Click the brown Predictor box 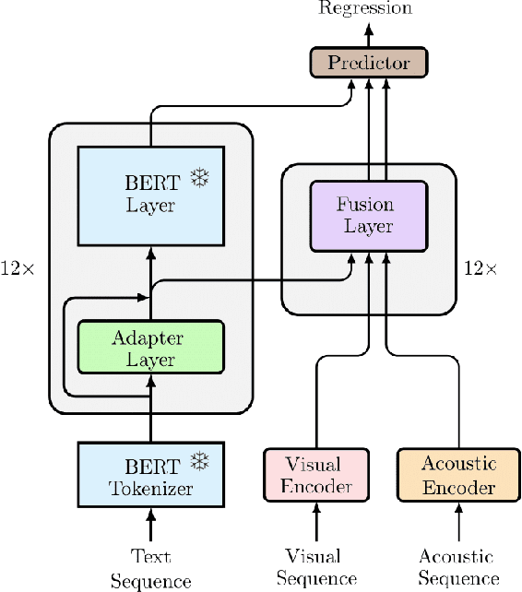[369, 63]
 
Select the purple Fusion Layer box [369, 215]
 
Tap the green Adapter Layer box [150, 348]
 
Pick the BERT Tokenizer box [150, 474]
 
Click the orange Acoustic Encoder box [457, 475]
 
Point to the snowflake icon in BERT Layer [198, 177]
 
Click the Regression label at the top [365, 8]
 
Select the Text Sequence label [150, 569]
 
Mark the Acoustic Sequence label [456, 567]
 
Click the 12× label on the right [480, 268]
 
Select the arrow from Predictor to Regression [369, 34]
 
